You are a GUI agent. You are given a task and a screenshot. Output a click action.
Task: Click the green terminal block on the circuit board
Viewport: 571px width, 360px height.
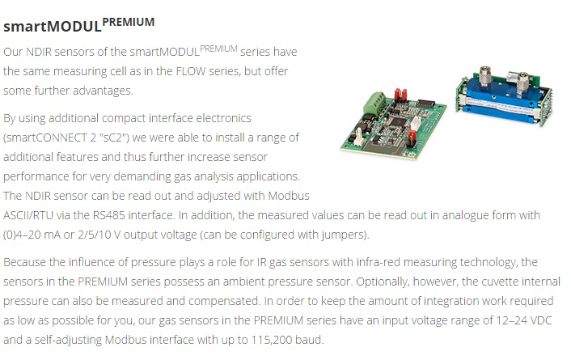pos(374,103)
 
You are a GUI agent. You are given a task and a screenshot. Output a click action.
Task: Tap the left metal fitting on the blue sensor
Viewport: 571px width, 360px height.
pos(484,76)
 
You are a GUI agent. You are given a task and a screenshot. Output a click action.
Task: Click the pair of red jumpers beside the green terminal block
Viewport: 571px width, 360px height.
pos(400,95)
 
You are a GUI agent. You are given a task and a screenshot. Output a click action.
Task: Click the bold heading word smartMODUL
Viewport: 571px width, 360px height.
pos(53,27)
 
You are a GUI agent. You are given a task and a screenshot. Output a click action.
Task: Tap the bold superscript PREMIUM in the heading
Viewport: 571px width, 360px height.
pos(128,22)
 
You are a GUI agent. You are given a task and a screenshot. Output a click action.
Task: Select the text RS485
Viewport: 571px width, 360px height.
pos(109,215)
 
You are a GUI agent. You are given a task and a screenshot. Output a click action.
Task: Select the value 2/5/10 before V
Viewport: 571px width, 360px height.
pos(95,235)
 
